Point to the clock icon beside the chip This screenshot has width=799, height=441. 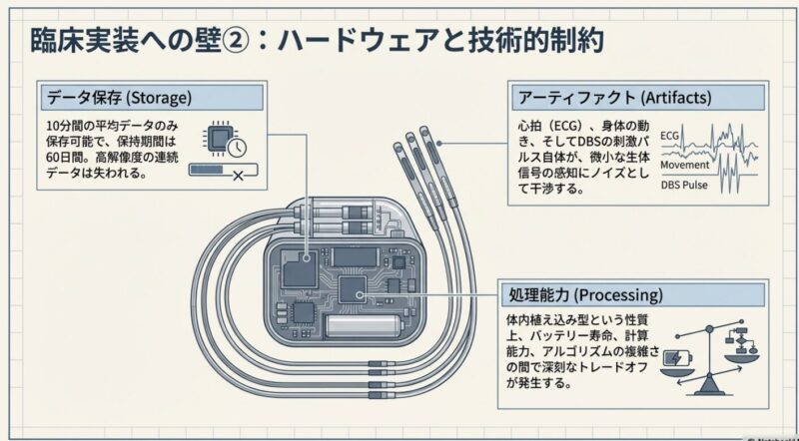tap(237, 146)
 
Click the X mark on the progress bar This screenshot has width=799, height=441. tap(238, 174)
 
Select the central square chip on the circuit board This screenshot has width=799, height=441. tap(353, 289)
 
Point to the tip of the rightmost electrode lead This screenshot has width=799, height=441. tap(425, 133)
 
